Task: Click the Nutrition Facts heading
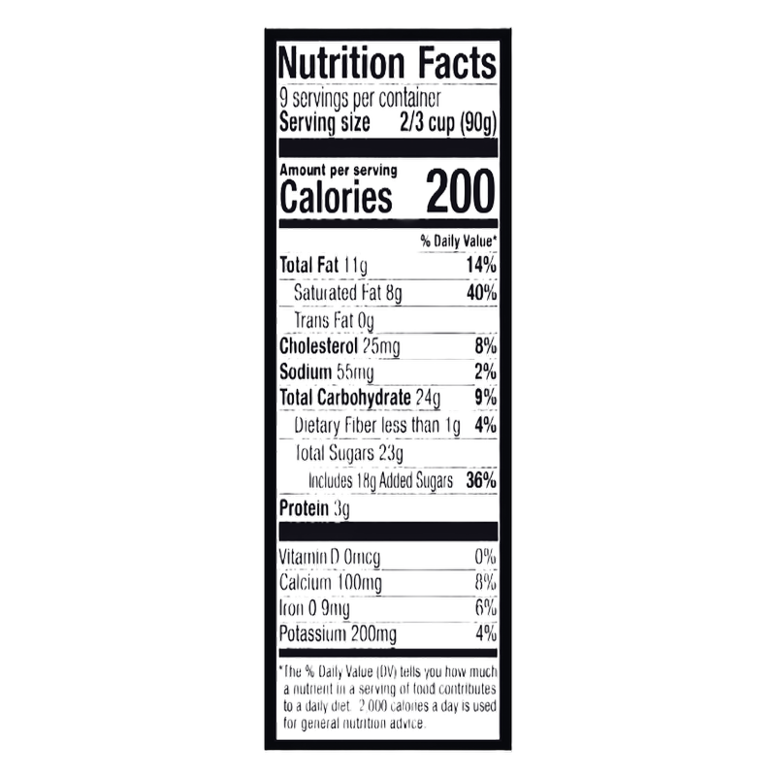[x=387, y=62]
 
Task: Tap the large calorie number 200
[x=460, y=191]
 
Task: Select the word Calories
[x=336, y=197]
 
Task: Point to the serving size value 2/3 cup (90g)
[x=448, y=123]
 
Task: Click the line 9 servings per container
[x=360, y=99]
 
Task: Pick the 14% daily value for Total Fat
[x=481, y=265]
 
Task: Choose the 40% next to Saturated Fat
[x=481, y=293]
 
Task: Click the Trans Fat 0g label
[x=334, y=321]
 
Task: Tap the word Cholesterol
[x=318, y=346]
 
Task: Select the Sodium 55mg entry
[x=327, y=372]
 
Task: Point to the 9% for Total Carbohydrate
[x=486, y=398]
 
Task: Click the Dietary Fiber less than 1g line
[x=377, y=426]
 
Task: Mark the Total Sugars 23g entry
[x=349, y=453]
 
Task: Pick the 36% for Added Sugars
[x=481, y=480]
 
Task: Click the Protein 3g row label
[x=314, y=508]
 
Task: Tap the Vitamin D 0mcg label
[x=330, y=558]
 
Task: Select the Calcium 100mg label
[x=331, y=583]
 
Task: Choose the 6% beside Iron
[x=486, y=608]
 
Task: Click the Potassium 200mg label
[x=338, y=634]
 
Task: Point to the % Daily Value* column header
[x=458, y=241]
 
